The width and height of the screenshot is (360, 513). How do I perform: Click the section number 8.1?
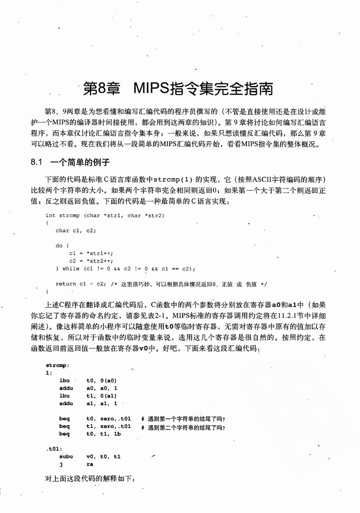pyautogui.click(x=37, y=162)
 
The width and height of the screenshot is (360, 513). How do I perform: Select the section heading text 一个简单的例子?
pyautogui.click(x=80, y=162)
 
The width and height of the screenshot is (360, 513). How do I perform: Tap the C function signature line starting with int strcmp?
pyautogui.click(x=105, y=215)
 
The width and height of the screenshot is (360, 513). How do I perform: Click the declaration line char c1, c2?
pyautogui.click(x=76, y=230)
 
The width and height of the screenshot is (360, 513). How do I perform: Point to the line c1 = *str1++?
pyautogui.click(x=91, y=253)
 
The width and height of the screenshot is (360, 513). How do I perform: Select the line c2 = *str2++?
pyautogui.click(x=91, y=261)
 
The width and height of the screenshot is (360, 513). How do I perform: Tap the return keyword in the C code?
pyautogui.click(x=66, y=284)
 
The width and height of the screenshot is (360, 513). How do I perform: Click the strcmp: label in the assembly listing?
pyautogui.click(x=57, y=365)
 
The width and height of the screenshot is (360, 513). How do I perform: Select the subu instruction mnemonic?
pyautogui.click(x=66, y=457)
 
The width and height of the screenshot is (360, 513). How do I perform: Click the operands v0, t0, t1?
pyautogui.click(x=103, y=457)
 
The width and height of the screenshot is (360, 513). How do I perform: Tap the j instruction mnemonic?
pyautogui.click(x=61, y=464)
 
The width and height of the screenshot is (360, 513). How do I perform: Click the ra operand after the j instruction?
pyautogui.click(x=90, y=464)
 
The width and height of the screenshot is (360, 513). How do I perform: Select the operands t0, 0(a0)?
pyautogui.click(x=101, y=381)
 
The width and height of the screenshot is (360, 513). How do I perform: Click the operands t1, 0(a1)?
pyautogui.click(x=101, y=396)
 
